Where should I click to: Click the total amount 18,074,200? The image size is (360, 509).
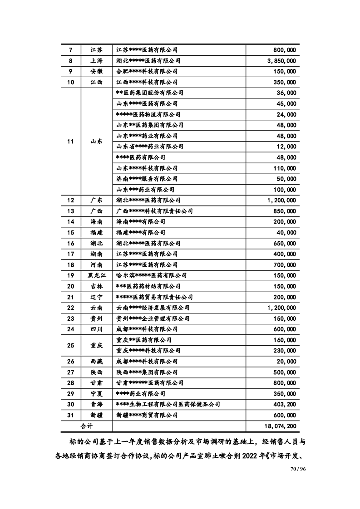tap(279, 426)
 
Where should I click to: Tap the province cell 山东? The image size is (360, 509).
tap(96, 141)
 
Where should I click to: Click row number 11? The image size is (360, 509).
tap(70, 141)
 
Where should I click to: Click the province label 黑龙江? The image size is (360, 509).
tap(96, 275)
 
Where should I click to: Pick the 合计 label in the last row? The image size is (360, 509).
tap(87, 426)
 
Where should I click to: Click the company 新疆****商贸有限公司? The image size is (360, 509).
tap(147, 416)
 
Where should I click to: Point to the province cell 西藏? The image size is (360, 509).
tap(96, 362)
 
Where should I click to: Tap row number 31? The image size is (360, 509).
tap(70, 416)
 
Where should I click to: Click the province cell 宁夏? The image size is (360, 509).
tap(96, 394)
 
